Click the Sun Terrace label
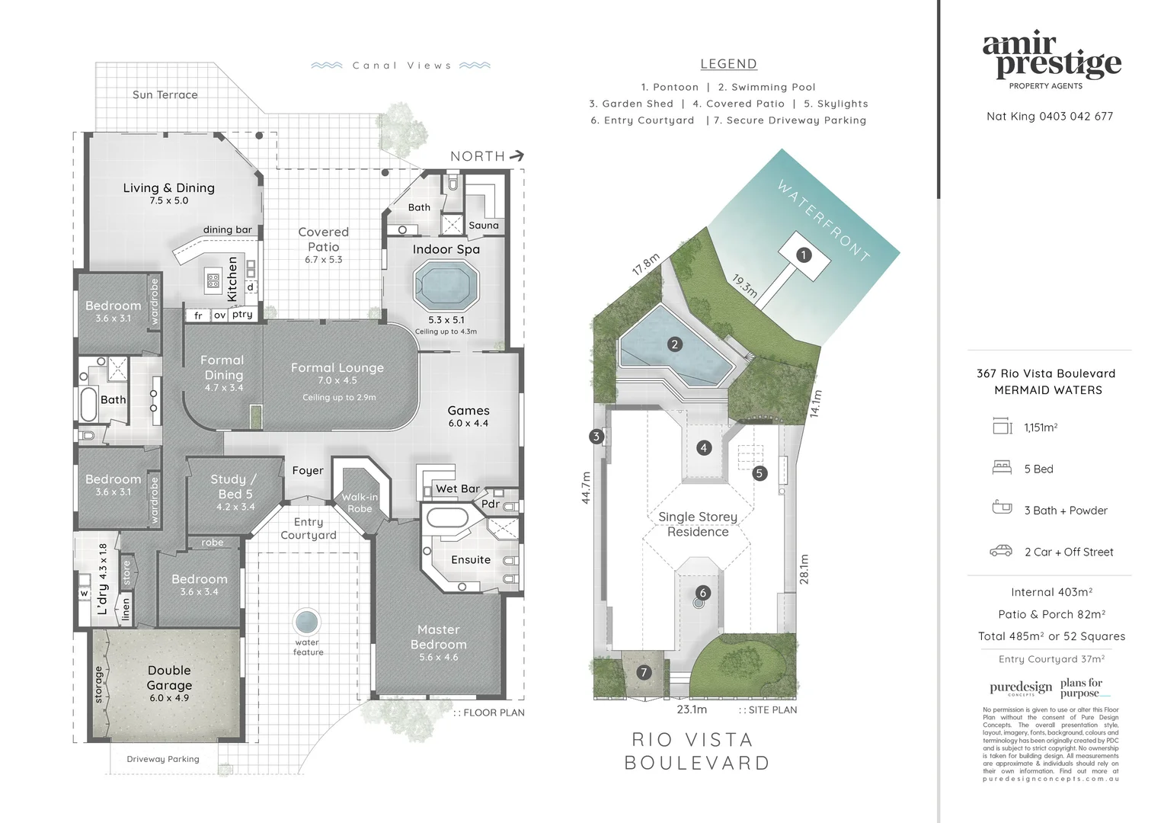coord(165,95)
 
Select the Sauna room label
coord(484,226)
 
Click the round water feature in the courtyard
coord(306,622)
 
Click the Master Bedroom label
coord(439,638)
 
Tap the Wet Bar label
coord(457,489)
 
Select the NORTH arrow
coord(516,155)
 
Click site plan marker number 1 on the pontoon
coord(803,255)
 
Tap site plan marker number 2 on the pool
coord(674,344)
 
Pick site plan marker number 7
coord(644,672)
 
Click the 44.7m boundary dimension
coord(586,488)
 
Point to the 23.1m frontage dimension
coord(692,709)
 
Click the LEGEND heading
coord(728,65)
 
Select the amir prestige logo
coord(1050,57)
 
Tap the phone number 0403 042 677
coord(1076,117)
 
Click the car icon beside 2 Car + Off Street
coord(1001,551)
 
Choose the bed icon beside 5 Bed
coord(1002,468)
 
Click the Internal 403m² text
coord(1051,592)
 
